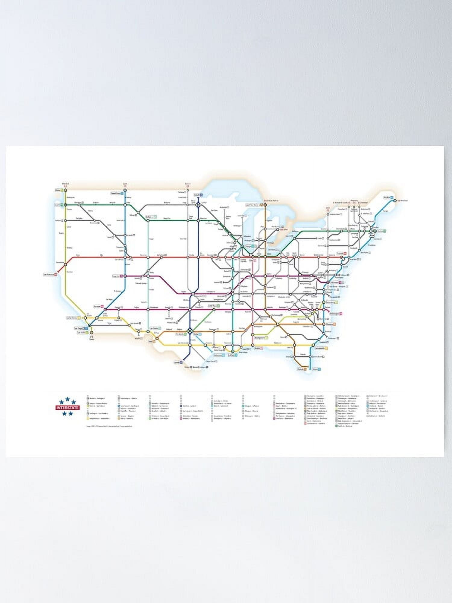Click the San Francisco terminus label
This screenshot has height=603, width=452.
[50, 275]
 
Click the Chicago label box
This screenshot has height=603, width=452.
[248, 246]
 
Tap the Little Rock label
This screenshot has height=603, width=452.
[212, 306]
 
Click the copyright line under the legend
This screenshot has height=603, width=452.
[109, 426]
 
